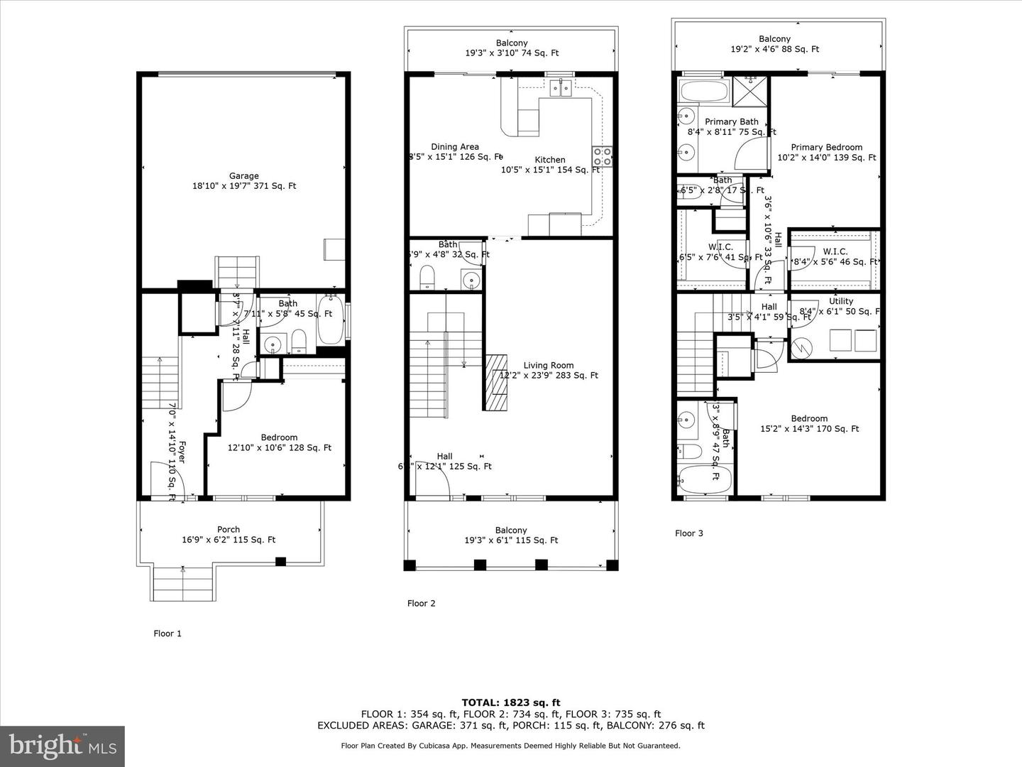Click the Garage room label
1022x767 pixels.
(x=243, y=176)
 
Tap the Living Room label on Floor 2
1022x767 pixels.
(x=548, y=366)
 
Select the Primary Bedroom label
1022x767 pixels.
(x=826, y=148)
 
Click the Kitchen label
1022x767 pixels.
(x=550, y=160)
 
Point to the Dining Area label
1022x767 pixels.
(x=455, y=147)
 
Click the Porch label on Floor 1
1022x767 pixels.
(x=229, y=529)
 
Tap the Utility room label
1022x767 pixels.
(x=841, y=301)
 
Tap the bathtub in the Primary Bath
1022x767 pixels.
(x=703, y=91)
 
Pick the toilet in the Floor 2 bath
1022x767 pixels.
(x=427, y=277)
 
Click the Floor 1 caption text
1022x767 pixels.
(x=167, y=633)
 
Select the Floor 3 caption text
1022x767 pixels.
(x=688, y=533)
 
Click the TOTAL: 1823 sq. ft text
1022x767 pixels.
(x=511, y=703)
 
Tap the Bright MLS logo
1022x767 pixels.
(x=62, y=746)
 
